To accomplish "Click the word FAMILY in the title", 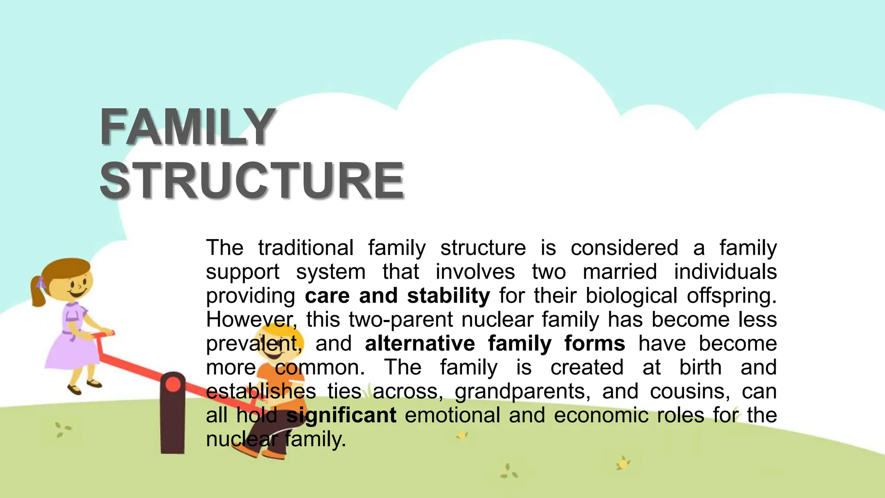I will point(188,127).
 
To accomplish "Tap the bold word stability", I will point(449,296).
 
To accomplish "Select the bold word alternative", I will point(420,344).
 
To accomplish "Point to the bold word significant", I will point(341,415).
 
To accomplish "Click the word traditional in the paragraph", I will point(306,248).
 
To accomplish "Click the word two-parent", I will point(401,320).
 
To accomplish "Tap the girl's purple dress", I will point(71,346).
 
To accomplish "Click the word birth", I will point(700,368).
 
